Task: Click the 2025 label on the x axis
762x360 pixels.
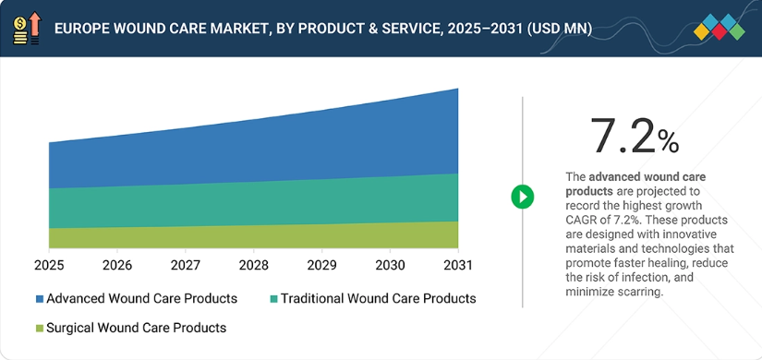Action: click(49, 265)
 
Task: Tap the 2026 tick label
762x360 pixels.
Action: click(117, 265)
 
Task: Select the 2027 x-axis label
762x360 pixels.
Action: click(185, 265)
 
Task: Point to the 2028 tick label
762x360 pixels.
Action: click(254, 265)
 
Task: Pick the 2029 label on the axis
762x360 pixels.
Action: click(321, 265)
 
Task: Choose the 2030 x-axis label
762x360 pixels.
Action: click(390, 265)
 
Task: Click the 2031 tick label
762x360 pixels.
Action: click(458, 265)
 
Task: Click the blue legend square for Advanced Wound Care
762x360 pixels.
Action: click(40, 299)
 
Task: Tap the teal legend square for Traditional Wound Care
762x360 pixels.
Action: click(274, 299)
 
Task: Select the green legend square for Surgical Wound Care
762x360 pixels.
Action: click(40, 329)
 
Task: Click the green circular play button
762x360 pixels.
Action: click(523, 198)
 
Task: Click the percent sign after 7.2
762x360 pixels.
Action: click(668, 142)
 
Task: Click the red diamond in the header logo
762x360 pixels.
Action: click(720, 32)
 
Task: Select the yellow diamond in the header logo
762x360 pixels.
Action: click(702, 32)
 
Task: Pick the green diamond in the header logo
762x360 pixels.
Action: click(737, 32)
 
